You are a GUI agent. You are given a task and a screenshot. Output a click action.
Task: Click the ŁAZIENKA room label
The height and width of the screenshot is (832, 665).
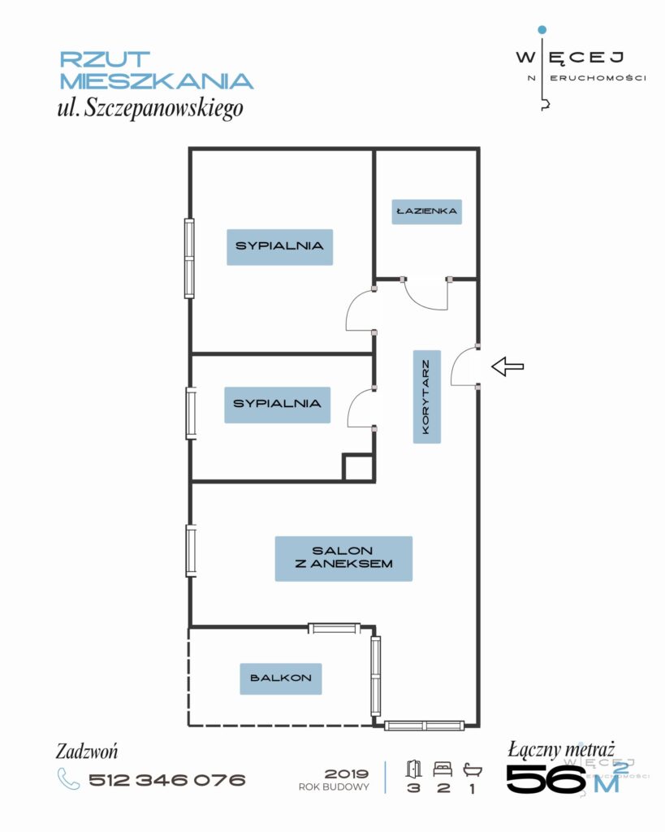coord(426,211)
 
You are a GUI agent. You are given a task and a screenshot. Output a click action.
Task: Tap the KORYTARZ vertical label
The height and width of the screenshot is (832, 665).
coord(426,396)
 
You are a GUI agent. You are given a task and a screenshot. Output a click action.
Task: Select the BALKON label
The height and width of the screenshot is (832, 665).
coord(280,678)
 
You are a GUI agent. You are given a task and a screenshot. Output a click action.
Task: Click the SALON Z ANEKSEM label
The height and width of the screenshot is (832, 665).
coord(343,558)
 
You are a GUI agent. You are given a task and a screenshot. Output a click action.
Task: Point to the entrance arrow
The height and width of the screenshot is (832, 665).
coord(507,366)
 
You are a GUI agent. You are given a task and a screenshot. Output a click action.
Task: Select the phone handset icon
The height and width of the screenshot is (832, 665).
coord(68,779)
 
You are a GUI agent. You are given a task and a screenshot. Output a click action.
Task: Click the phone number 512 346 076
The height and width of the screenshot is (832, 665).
coord(166,779)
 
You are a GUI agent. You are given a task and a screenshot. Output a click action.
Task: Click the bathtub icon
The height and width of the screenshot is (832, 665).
coord(472,769)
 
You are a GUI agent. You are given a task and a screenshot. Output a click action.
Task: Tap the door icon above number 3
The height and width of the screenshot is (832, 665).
coord(413,769)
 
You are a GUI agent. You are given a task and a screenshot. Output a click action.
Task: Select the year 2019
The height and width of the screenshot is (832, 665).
coord(346,774)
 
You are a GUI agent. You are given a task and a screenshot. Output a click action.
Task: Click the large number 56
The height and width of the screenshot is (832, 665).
coord(546,778)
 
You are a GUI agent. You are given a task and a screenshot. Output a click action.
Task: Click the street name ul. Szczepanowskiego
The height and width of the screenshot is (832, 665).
coord(150,108)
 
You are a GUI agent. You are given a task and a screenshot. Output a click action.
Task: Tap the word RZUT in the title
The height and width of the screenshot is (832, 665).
coord(105,58)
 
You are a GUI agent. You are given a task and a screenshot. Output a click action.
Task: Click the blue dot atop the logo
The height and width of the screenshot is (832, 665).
coord(542,30)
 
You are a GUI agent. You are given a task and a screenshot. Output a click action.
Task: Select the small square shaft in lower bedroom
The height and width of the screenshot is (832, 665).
coord(358,467)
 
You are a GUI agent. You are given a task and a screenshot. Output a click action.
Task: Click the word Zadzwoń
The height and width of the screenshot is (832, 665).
coord(87,752)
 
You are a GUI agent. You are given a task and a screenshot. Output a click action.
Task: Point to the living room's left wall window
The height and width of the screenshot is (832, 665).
coord(191,550)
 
